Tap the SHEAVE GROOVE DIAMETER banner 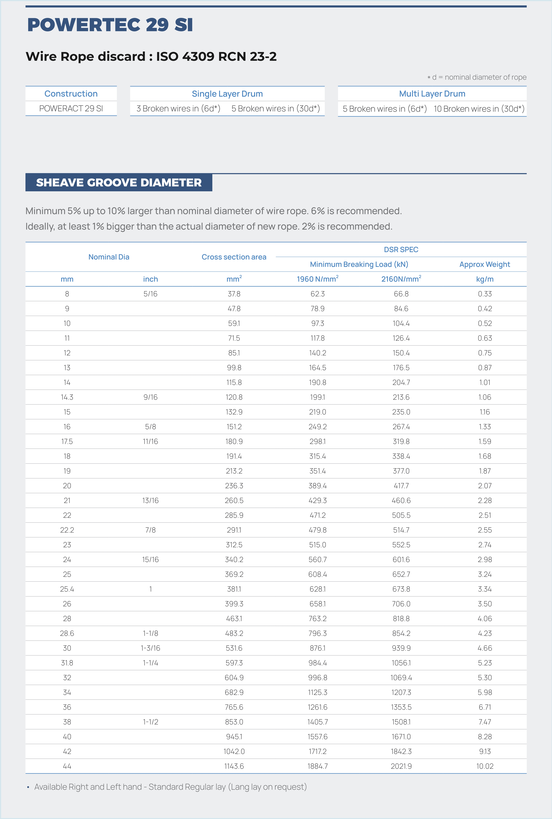119,183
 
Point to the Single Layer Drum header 227,94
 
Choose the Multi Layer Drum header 432,94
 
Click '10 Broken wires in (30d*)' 479,109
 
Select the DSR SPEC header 401,250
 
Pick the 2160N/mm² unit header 401,279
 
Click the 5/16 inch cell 150,294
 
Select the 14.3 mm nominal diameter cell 67,397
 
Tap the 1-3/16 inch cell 150,648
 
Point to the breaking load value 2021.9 401,766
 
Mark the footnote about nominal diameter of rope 477,77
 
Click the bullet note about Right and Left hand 170,787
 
